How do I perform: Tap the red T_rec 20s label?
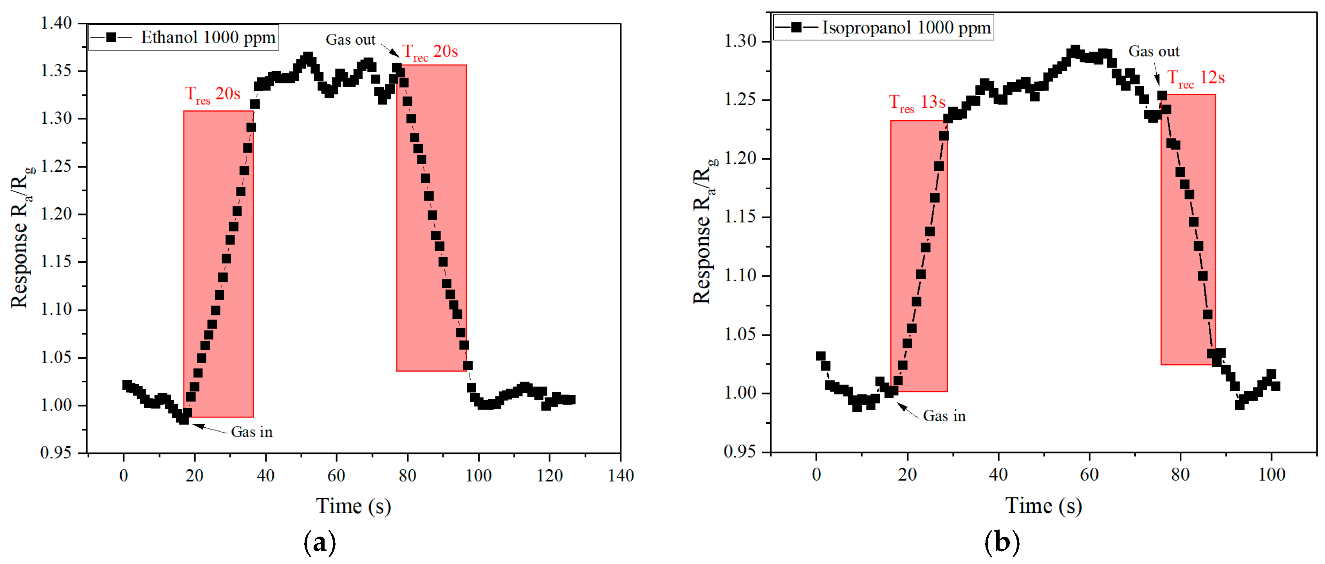430,52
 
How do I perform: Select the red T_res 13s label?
917,103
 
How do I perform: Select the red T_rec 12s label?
1195,78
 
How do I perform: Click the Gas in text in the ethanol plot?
251,432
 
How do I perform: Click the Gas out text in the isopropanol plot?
1154,51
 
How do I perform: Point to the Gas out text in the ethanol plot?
350,40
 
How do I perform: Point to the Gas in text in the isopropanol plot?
944,416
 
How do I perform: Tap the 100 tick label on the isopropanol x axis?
1271,474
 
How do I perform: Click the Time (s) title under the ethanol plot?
353,506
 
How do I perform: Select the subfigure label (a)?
320,542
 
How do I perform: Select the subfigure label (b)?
1002,542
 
